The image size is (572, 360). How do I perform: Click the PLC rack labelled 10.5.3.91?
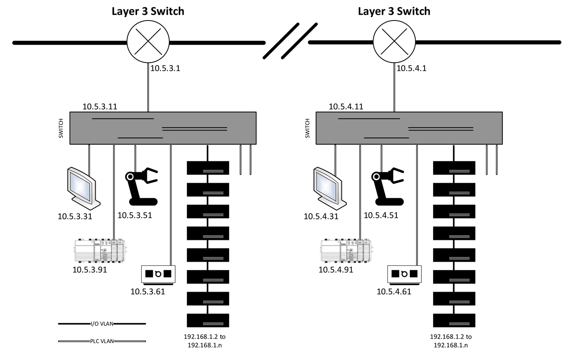point(99,252)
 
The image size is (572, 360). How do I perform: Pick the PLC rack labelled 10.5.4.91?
point(346,252)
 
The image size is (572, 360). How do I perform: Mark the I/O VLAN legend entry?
point(102,323)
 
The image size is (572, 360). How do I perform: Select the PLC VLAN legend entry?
point(102,342)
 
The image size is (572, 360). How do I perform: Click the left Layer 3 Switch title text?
point(148,11)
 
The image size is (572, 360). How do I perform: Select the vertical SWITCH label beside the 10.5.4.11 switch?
point(307,128)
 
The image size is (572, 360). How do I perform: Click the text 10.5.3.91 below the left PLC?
point(90,269)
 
